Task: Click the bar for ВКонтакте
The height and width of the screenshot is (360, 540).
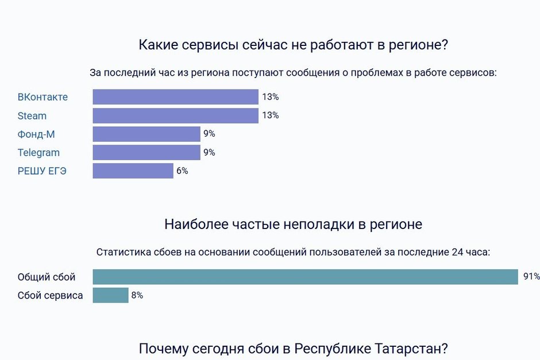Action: (x=175, y=97)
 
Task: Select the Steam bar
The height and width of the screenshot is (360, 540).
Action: (x=175, y=115)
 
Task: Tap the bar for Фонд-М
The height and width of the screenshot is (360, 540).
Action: (x=146, y=134)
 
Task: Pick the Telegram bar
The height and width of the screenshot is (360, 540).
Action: (x=146, y=152)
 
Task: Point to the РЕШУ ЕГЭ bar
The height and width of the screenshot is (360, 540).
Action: (x=133, y=171)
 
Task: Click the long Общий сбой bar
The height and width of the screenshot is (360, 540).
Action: (x=305, y=277)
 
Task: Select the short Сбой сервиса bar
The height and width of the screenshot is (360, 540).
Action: (x=110, y=295)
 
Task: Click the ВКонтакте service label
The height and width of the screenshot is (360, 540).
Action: (x=43, y=97)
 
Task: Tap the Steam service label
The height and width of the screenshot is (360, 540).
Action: (x=32, y=115)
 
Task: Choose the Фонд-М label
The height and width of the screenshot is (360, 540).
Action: (x=36, y=134)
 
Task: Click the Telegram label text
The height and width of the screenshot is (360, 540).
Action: (x=38, y=152)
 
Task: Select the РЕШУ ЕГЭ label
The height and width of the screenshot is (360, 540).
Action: (x=42, y=171)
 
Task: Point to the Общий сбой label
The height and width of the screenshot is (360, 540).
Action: (x=47, y=277)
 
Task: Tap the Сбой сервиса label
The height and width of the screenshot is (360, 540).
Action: (x=51, y=296)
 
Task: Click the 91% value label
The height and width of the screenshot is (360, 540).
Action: (x=531, y=277)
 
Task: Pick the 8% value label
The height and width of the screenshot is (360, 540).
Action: (x=137, y=296)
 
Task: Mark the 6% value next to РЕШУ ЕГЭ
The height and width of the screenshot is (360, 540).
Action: (x=182, y=171)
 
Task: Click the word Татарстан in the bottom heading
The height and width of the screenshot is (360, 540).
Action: (x=408, y=349)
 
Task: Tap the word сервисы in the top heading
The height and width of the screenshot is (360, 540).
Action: (x=209, y=45)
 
